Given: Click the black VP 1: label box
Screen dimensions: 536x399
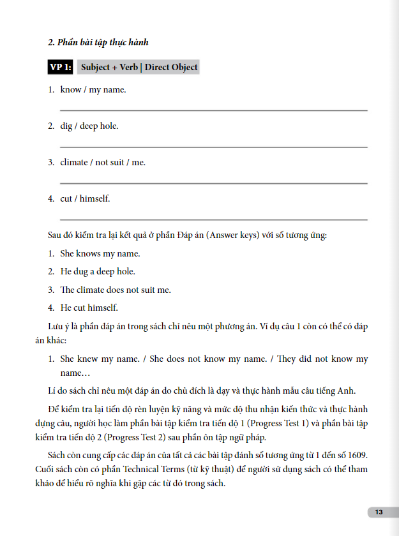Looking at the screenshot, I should pyautogui.click(x=61, y=67).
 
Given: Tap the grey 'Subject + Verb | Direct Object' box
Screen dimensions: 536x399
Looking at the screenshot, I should pyautogui.click(x=139, y=67).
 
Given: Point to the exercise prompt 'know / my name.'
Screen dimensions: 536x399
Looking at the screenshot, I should pyautogui.click(x=93, y=90).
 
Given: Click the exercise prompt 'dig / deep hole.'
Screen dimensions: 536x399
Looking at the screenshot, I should pyautogui.click(x=89, y=126).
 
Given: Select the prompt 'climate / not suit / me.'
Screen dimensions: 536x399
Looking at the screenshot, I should pyautogui.click(x=102, y=163).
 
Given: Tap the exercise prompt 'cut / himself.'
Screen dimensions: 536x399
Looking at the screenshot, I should pyautogui.click(x=85, y=199).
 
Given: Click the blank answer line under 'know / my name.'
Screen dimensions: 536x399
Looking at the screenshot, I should pyautogui.click(x=213, y=110).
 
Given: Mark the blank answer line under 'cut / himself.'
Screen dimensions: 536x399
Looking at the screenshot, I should pyautogui.click(x=213, y=220).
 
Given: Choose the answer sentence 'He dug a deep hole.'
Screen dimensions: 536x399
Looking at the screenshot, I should pyautogui.click(x=98, y=272).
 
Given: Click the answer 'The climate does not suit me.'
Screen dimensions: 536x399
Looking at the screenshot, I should pyautogui.click(x=116, y=290).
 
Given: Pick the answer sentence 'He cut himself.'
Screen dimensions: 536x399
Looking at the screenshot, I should pyautogui.click(x=89, y=308).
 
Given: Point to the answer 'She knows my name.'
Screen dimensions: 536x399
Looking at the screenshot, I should pyautogui.click(x=100, y=254).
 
